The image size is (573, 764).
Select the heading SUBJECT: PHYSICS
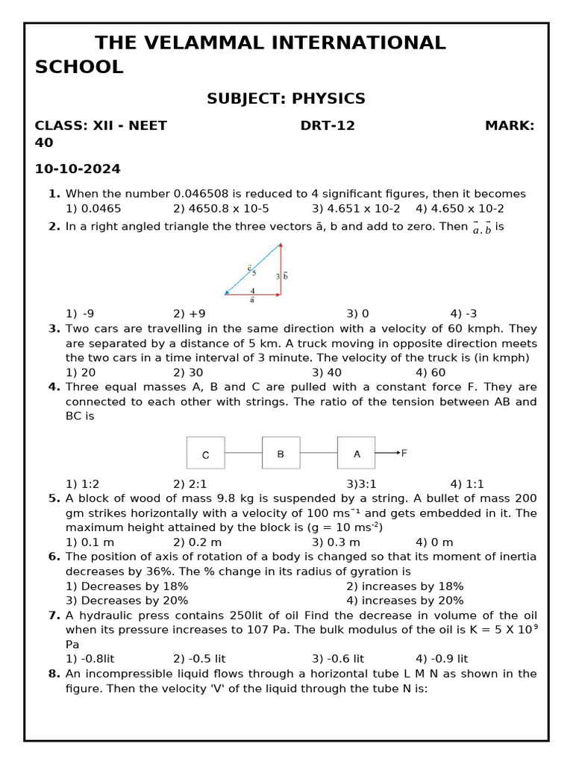286,98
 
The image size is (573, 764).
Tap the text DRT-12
328,126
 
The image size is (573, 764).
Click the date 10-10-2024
78,169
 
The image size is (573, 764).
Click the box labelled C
205,453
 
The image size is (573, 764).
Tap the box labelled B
281,453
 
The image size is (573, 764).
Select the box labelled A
357,453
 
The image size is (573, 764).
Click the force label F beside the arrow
404,453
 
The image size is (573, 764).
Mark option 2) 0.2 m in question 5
197,542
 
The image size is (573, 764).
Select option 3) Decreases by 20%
127,601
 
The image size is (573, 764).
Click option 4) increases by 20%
404,601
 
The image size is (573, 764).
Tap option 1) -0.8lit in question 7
90,659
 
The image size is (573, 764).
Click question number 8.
54,674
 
